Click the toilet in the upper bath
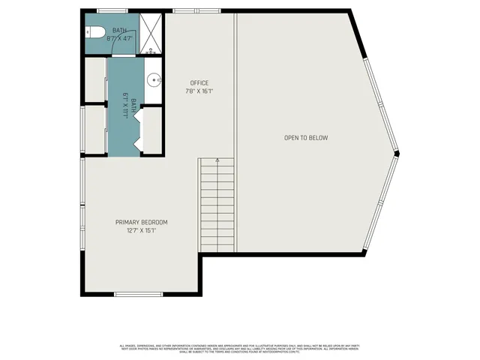point(92,32)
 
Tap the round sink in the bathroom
point(154,78)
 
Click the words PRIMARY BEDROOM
point(141,222)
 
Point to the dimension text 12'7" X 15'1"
point(141,231)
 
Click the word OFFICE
point(199,82)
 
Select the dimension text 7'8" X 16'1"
point(199,91)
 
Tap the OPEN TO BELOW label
point(306,138)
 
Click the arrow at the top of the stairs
point(217,160)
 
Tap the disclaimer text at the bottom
point(240,348)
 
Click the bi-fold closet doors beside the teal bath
point(140,132)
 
